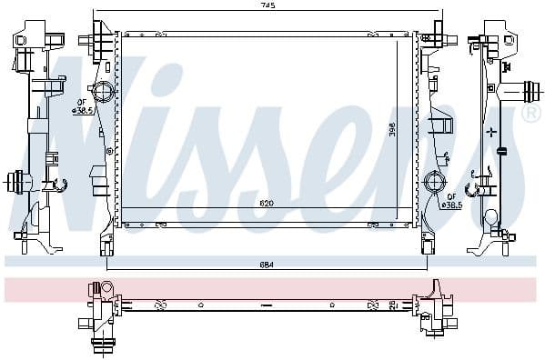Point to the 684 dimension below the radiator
[x=265, y=265]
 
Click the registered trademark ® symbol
[x=530, y=114]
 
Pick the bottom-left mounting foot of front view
[x=106, y=243]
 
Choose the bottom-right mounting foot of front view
[x=426, y=243]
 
